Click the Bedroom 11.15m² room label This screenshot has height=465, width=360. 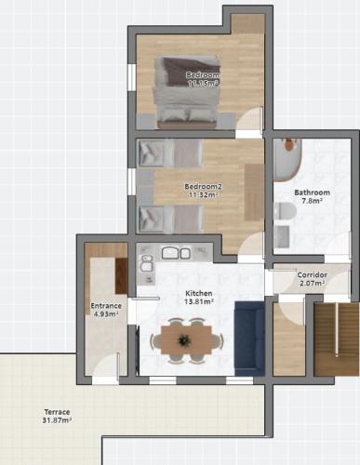click(x=203, y=79)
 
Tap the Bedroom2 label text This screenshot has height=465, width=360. click(x=203, y=186)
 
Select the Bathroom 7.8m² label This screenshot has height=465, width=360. click(x=312, y=196)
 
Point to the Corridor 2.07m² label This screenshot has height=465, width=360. click(x=312, y=279)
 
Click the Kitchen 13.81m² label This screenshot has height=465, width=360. click(x=199, y=298)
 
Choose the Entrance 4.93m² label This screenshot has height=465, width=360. click(x=106, y=310)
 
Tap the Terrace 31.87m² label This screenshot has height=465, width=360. click(x=57, y=417)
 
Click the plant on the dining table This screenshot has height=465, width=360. click(x=184, y=340)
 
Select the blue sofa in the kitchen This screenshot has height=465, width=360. click(x=249, y=339)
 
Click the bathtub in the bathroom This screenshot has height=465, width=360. click(x=287, y=160)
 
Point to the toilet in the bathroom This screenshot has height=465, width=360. click(x=285, y=210)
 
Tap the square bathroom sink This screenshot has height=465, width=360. click(x=282, y=236)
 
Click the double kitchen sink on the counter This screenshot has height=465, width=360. click(x=176, y=253)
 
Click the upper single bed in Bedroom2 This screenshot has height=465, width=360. click(x=170, y=153)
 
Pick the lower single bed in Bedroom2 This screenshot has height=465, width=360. click(x=170, y=219)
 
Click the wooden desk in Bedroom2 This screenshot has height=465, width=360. click(x=254, y=193)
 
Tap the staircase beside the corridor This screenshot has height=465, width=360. click(x=336, y=339)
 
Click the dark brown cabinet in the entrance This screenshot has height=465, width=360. click(x=121, y=276)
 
